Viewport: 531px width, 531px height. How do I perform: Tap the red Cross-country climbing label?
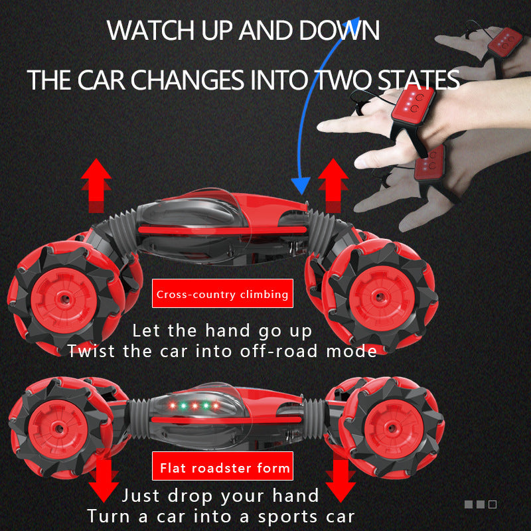pyautogui.click(x=222, y=294)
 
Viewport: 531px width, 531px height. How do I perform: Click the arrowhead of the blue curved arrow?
pyautogui.click(x=303, y=185)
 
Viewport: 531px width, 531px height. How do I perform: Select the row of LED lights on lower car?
pyautogui.click(x=193, y=405)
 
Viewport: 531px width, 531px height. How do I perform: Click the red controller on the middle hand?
pyautogui.click(x=412, y=106)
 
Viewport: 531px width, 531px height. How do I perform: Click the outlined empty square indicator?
pyautogui.click(x=492, y=504)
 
